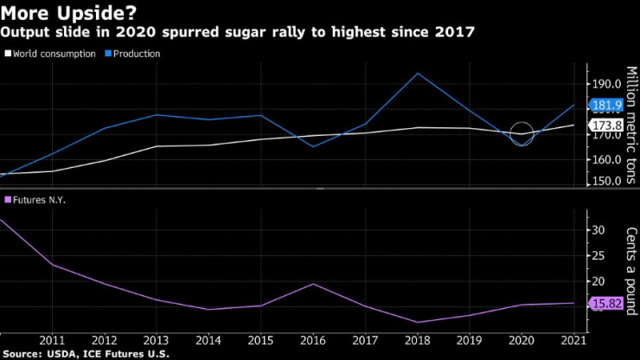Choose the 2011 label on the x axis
point(53,339)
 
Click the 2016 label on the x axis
point(313,339)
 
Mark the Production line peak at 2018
point(418,74)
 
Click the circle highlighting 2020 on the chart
point(522,133)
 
